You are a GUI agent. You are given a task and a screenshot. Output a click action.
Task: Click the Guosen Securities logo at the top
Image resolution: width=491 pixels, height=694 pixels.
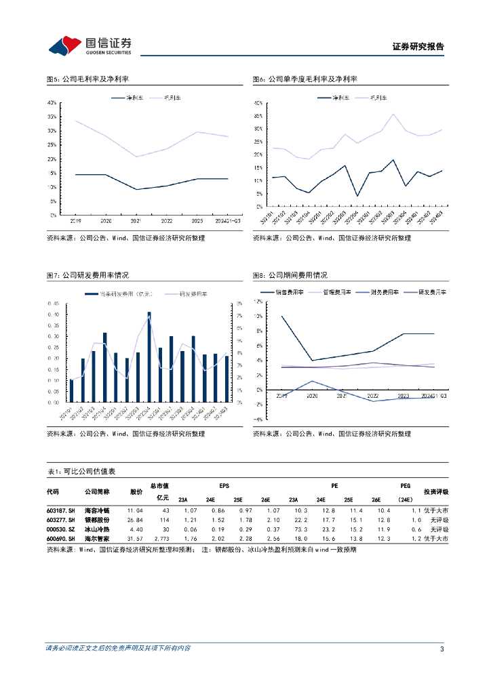tap(89, 46)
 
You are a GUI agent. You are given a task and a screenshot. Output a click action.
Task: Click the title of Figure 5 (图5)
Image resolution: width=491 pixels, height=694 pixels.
tap(87, 79)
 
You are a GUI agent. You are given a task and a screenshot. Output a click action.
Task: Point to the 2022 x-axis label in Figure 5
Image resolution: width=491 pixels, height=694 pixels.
tap(166, 221)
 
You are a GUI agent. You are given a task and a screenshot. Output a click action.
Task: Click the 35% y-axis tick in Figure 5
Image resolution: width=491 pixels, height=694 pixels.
tap(52, 117)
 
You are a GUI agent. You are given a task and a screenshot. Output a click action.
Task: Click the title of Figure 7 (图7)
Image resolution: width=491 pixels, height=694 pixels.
tap(87, 275)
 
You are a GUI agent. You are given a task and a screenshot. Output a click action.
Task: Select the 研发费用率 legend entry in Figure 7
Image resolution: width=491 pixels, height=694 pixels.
tap(194, 294)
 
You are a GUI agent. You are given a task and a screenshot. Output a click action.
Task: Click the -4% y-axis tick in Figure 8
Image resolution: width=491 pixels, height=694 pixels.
tap(257, 420)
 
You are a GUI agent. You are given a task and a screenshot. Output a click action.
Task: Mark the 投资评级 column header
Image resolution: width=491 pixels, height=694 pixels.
tap(436, 491)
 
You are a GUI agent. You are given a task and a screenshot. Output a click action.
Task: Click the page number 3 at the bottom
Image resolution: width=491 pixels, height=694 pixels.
tap(441, 649)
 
